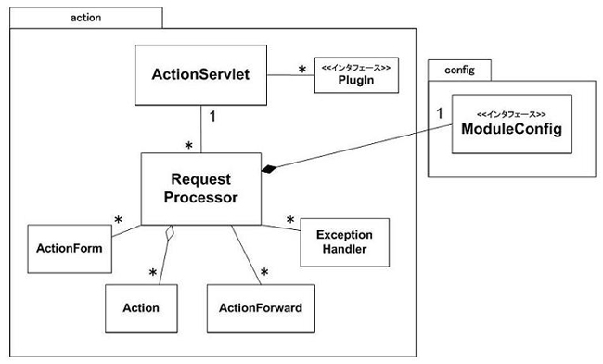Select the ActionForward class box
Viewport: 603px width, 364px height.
pos(260,306)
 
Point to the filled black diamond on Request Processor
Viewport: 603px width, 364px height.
pos(270,168)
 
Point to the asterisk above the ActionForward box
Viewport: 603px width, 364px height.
pos(264,274)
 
